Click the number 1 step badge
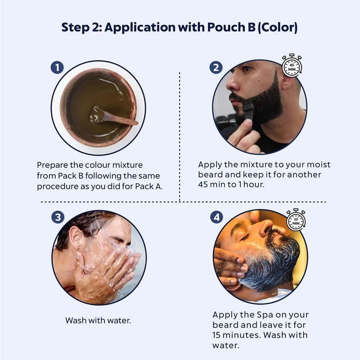[57, 67]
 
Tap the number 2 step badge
[216, 67]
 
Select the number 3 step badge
[58, 217]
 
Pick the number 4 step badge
[217, 217]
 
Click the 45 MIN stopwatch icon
[292, 66]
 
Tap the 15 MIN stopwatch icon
[296, 220]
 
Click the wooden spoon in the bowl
[114, 117]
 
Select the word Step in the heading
[75, 27]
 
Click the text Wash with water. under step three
[98, 320]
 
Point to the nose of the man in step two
[232, 84]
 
